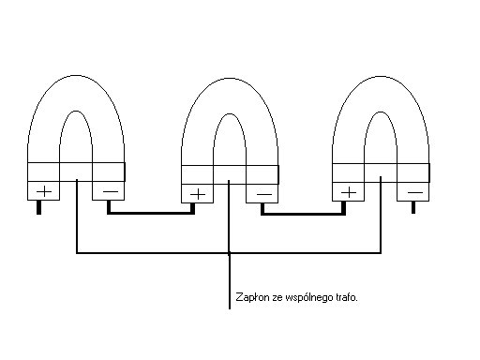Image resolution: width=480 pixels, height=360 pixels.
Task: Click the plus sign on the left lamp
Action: click(44, 191)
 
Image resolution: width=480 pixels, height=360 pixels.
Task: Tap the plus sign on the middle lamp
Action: click(198, 195)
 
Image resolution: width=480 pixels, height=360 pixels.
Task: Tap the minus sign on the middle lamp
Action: click(264, 195)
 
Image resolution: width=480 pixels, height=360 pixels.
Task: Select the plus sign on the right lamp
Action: click(349, 192)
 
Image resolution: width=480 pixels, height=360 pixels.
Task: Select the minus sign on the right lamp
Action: click(415, 192)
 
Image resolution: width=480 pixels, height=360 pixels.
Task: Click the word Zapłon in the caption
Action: click(252, 297)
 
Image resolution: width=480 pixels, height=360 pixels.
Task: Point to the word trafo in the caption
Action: click(347, 297)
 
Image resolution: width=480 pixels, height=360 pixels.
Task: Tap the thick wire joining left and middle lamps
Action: click(151, 213)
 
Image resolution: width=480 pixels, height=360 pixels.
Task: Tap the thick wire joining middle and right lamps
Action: click(304, 215)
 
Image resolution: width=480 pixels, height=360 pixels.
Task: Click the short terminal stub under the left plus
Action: click(38, 207)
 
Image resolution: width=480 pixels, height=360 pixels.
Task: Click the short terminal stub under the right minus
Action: click(413, 207)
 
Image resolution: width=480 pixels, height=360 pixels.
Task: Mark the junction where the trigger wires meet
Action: click(229, 252)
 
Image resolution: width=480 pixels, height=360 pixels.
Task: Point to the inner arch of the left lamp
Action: click(76, 112)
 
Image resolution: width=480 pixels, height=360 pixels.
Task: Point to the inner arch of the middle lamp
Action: click(230, 114)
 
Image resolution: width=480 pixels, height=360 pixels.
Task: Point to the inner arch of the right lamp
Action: click(381, 112)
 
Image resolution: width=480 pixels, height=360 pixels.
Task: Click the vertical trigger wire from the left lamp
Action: click(77, 216)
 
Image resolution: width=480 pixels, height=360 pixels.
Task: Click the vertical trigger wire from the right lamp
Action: click(381, 215)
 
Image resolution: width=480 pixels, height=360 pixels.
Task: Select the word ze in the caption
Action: click(277, 298)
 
